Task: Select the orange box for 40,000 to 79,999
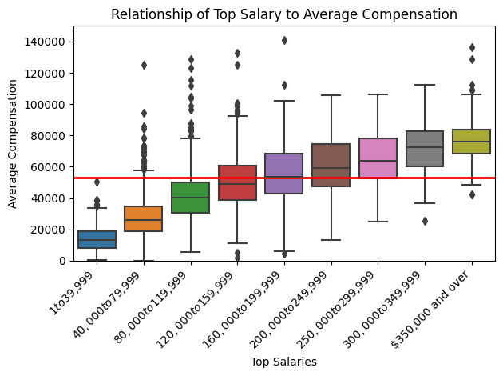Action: (x=144, y=218)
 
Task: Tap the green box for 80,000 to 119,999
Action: (x=191, y=198)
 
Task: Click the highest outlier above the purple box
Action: (x=284, y=40)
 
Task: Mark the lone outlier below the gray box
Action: (x=425, y=221)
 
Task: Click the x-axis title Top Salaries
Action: (x=284, y=362)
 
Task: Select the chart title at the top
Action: (x=284, y=14)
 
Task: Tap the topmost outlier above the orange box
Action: (x=144, y=65)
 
